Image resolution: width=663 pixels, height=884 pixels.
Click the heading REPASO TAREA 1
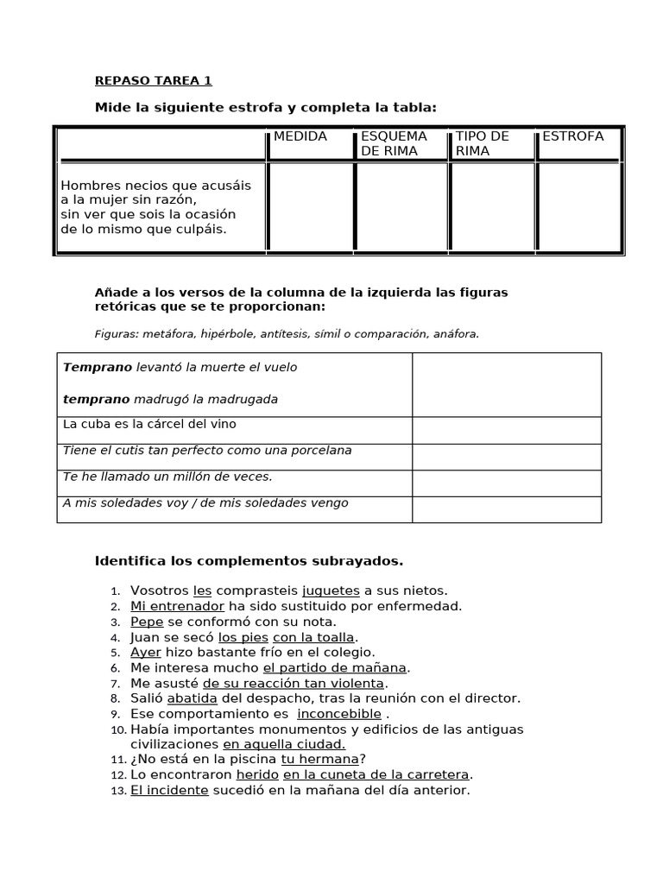[x=153, y=81]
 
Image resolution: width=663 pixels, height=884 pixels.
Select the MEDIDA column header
[x=300, y=136]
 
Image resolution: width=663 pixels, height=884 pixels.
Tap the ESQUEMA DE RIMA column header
[x=394, y=143]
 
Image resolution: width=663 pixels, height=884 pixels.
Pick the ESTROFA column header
[x=572, y=136]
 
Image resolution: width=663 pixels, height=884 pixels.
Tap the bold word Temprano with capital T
[x=98, y=367]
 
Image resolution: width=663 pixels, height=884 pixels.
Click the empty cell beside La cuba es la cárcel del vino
[x=506, y=431]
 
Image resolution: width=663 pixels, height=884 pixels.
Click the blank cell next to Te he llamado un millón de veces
[x=506, y=483]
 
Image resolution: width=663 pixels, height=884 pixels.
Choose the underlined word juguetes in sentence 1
[x=331, y=590]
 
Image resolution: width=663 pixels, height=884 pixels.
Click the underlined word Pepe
[x=147, y=622]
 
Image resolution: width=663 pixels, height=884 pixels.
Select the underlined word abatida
[x=192, y=698]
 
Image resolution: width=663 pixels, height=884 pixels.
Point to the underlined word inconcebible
[x=338, y=714]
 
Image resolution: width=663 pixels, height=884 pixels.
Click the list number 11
[x=118, y=760]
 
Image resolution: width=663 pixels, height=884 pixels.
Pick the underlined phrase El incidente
[x=169, y=790]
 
